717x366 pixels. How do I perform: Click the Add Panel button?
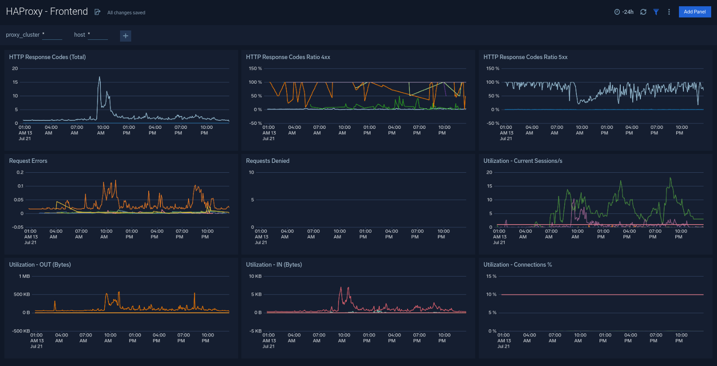[x=695, y=12]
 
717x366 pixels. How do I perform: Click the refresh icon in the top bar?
[x=643, y=12]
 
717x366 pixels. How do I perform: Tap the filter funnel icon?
[x=656, y=12]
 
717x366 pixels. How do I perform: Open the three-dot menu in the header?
[x=669, y=12]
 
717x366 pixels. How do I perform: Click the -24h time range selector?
[x=624, y=12]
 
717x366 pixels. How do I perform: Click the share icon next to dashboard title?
[x=97, y=12]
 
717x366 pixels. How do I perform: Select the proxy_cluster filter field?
[x=52, y=35]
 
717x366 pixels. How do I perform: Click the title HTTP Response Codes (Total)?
[x=47, y=57]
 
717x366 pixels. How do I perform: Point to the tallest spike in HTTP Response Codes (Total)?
[x=99, y=77]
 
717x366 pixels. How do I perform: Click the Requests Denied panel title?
[x=268, y=161]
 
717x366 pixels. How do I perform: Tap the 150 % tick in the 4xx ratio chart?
[x=255, y=69]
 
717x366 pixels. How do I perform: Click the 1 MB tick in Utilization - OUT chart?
[x=25, y=277]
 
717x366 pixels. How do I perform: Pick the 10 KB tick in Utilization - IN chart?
[x=255, y=277]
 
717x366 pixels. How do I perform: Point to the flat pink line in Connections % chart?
[x=602, y=294]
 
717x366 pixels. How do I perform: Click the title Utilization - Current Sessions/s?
[x=523, y=161]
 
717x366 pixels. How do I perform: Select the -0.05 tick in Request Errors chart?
[x=18, y=227]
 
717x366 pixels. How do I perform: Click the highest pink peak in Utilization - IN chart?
[x=341, y=288]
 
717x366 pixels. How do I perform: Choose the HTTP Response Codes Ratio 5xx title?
[x=525, y=57]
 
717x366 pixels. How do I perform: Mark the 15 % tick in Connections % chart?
[x=491, y=277]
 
